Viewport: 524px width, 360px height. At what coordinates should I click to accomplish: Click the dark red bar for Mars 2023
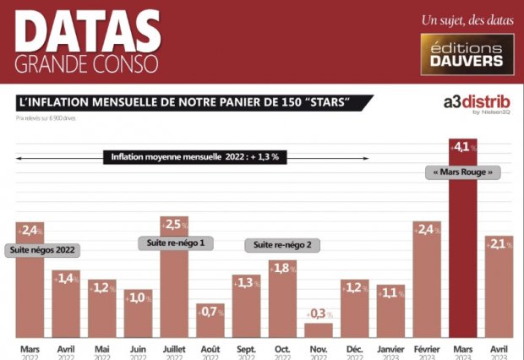(x=463, y=254)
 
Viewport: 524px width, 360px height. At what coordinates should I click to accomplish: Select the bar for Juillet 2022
(x=173, y=287)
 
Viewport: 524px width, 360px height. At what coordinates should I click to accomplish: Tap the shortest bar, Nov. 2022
(x=319, y=330)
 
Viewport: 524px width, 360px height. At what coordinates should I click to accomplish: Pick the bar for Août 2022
(x=210, y=321)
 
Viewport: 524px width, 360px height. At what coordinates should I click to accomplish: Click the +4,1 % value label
(x=463, y=147)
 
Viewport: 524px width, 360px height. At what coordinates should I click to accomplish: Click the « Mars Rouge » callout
(x=463, y=172)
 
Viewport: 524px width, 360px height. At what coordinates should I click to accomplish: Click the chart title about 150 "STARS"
(x=193, y=103)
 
